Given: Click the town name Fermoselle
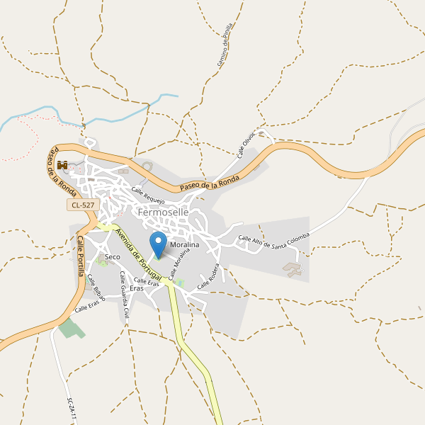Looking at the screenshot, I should pyautogui.click(x=164, y=212).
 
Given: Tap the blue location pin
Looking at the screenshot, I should pyautogui.click(x=158, y=244).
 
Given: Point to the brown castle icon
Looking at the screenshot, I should pyautogui.click(x=62, y=166).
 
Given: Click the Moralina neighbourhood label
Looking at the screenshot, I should pyautogui.click(x=185, y=244).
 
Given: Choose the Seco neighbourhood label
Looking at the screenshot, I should pyautogui.click(x=112, y=256).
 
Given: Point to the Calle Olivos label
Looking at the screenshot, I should pyautogui.click(x=245, y=144).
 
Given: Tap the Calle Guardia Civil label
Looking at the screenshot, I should pyautogui.click(x=125, y=294).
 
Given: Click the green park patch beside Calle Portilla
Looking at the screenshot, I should pyautogui.click(x=70, y=328).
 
